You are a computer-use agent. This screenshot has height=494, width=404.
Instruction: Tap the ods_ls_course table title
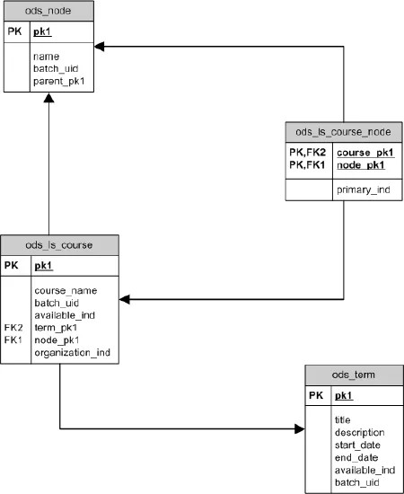pos(60,244)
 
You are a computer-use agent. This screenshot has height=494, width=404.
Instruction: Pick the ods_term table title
pos(353,375)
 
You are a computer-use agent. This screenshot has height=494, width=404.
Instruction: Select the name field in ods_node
pos(46,56)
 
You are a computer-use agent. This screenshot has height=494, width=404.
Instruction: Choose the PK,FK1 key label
pos(306,165)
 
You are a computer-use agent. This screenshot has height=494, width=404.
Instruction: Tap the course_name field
pos(65,290)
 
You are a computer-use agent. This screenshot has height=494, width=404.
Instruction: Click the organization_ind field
pos(72,353)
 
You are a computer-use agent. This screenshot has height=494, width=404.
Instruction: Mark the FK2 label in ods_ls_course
pos(13,328)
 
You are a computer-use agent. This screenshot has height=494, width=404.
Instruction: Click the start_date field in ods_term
pos(357,444)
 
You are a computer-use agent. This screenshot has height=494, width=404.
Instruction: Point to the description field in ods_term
pos(361,431)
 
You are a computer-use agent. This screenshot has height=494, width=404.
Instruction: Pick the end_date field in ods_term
pos(356,456)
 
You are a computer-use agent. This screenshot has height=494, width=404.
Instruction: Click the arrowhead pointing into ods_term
pos(299,429)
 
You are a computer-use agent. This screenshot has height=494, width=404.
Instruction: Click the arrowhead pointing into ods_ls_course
pos(125,298)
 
